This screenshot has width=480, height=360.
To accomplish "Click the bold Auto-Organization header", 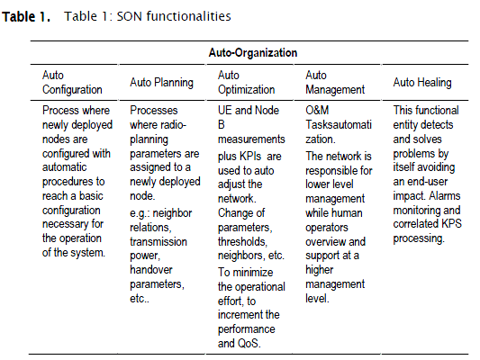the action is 253,52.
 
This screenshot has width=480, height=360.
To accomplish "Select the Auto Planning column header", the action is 161,83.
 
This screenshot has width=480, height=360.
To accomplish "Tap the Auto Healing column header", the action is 422,83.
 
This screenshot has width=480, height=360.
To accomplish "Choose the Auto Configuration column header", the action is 72,82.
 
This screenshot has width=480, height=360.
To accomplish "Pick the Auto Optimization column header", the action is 247,82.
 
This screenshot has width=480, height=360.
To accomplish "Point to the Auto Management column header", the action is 335,82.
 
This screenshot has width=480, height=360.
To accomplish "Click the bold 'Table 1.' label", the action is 26,16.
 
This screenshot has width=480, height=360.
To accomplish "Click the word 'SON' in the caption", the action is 129,16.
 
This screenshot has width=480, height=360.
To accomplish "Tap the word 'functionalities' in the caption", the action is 188,16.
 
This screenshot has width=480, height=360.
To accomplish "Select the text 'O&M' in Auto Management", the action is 317,110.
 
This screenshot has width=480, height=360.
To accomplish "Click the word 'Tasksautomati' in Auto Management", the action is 339,125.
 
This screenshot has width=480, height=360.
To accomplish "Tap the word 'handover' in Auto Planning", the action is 151,270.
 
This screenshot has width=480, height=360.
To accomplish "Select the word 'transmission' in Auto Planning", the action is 158,241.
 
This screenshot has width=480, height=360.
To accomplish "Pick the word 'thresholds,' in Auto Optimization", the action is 242,241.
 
